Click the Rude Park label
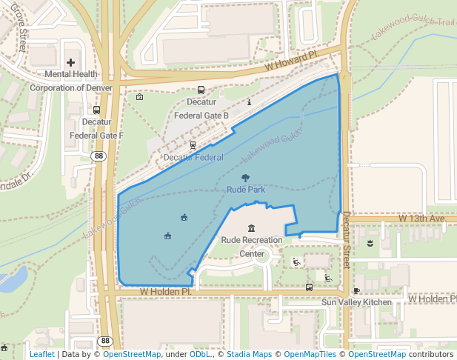coord(245,190)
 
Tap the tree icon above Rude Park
coord(245,177)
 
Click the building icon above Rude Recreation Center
coord(252,227)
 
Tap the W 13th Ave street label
coord(421,219)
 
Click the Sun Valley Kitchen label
coord(356,302)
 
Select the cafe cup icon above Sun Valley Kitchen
coord(356,290)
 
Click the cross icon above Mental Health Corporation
coord(71,63)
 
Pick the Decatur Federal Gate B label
coord(201,109)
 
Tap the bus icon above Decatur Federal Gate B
coord(201,90)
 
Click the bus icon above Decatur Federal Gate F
coord(97,110)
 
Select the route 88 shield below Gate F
coord(99,156)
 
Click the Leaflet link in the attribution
coord(41,354)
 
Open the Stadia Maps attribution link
coord(251,354)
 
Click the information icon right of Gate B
coord(250,102)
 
